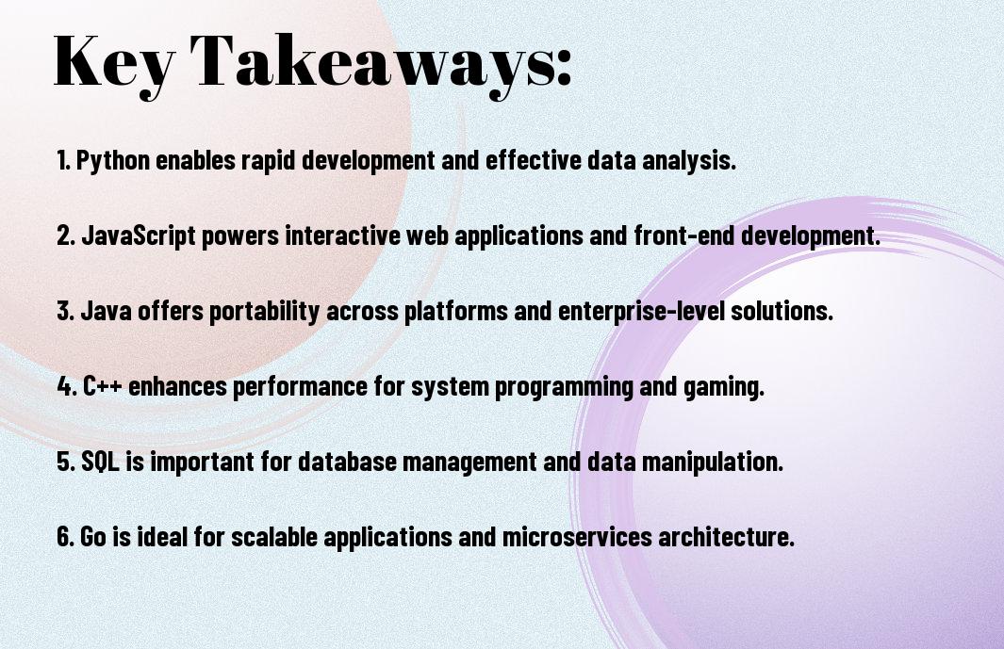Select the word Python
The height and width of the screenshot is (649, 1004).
pyautogui.click(x=113, y=161)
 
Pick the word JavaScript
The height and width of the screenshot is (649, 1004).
pyautogui.click(x=139, y=235)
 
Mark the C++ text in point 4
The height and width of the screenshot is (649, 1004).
pyautogui.click(x=103, y=386)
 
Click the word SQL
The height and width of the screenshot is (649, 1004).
pyautogui.click(x=100, y=462)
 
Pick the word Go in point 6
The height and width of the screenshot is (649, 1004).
pyautogui.click(x=93, y=536)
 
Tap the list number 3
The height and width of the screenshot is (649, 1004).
pyautogui.click(x=66, y=311)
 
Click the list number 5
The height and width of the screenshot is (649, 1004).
pyautogui.click(x=66, y=462)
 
